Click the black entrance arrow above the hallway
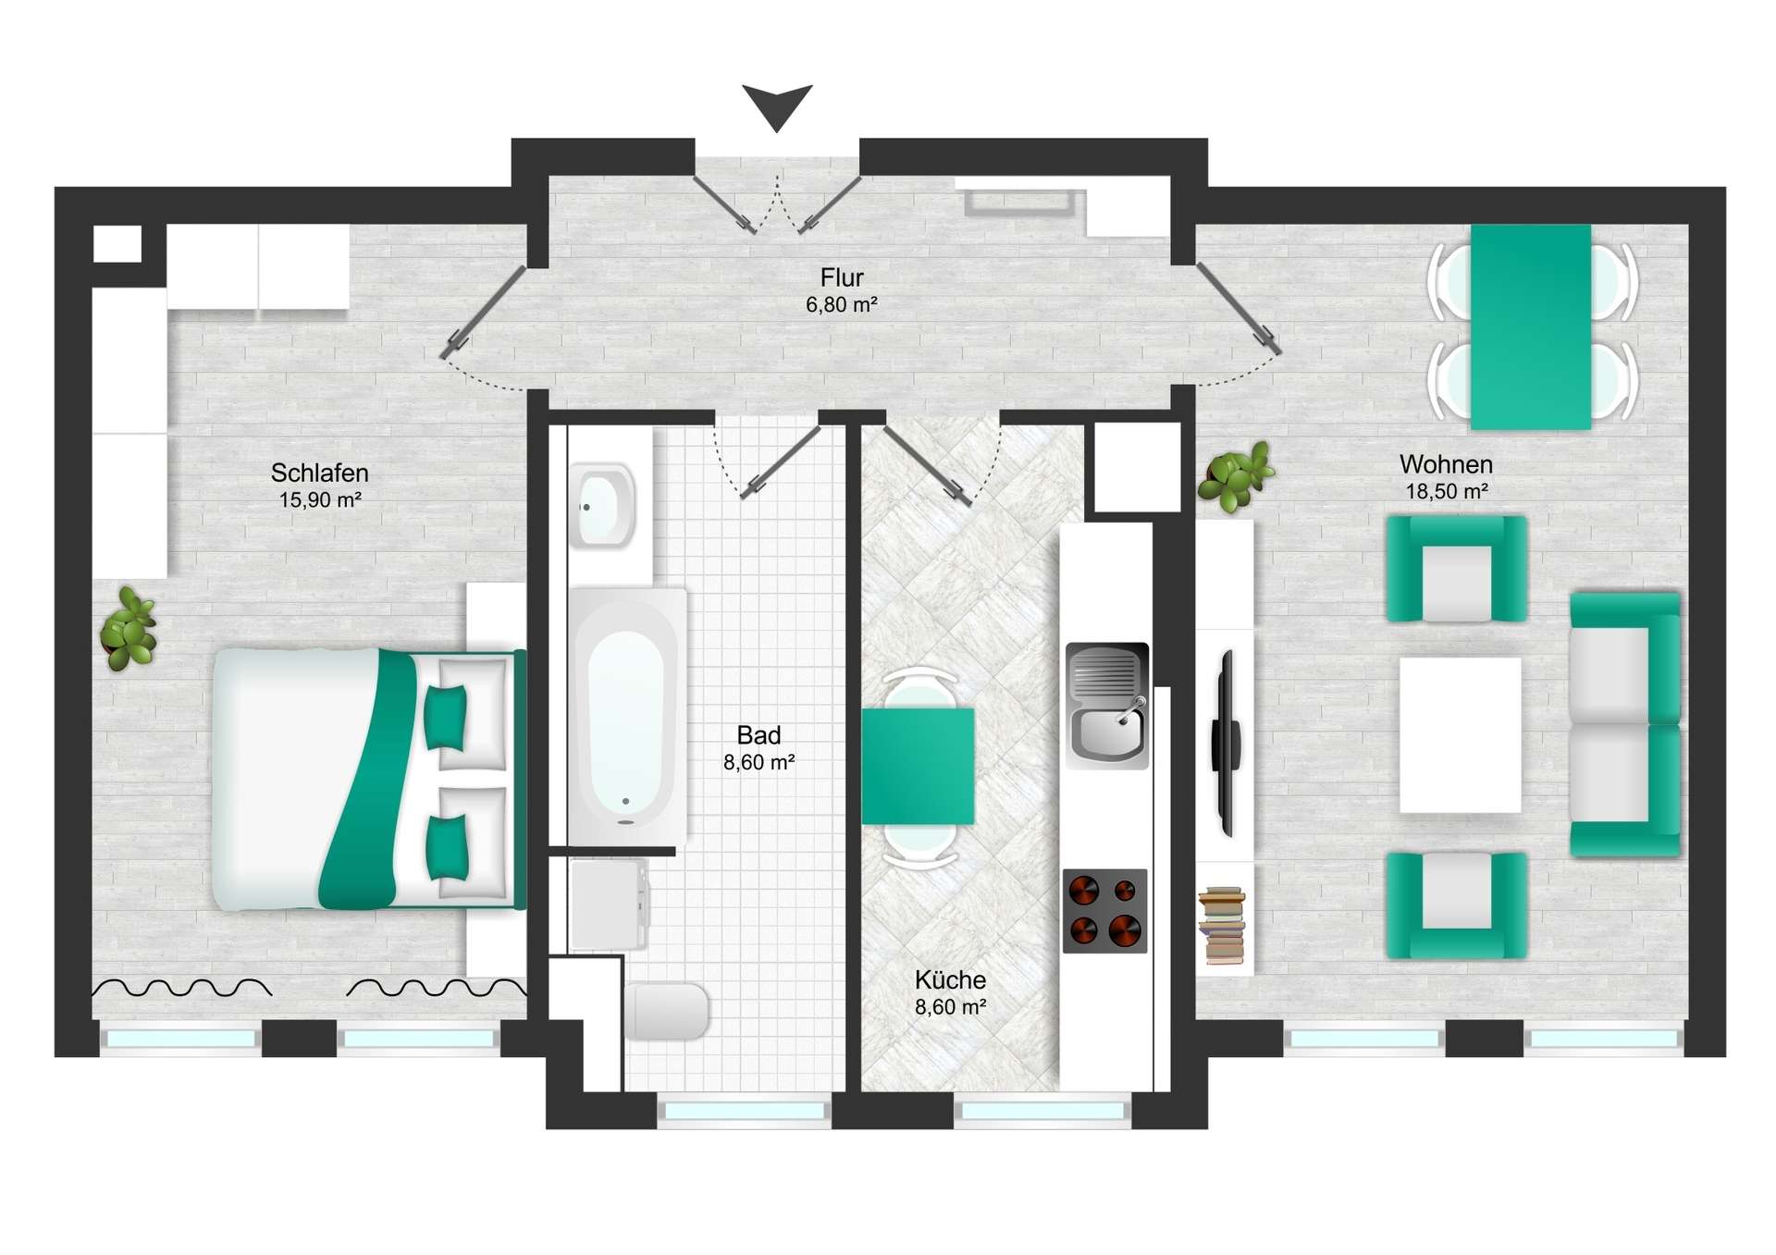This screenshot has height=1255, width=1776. tap(777, 105)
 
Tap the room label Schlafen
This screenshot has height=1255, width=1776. tap(319, 473)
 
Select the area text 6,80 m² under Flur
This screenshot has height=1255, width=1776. tap(841, 304)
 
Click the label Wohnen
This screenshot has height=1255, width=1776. tap(1446, 464)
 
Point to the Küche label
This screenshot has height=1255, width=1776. tap(950, 979)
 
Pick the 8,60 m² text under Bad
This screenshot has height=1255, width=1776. tap(758, 762)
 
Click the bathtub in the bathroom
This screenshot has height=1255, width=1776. tap(627, 717)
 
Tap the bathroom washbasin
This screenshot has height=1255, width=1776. tap(602, 506)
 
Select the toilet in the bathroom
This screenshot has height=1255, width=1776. tap(666, 1011)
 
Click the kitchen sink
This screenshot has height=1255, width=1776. tap(1107, 706)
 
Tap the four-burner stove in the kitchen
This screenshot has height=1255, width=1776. tap(1104, 911)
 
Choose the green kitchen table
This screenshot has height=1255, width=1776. tap(918, 766)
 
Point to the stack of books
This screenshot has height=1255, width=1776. tap(1222, 926)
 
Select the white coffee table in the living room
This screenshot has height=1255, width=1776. tap(1460, 735)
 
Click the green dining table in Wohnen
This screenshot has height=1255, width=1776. tap(1531, 327)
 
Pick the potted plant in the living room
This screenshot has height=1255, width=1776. tap(1236, 477)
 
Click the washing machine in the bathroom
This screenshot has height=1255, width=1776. tap(610, 904)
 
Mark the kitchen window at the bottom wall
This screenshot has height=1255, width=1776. tap(1042, 1110)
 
